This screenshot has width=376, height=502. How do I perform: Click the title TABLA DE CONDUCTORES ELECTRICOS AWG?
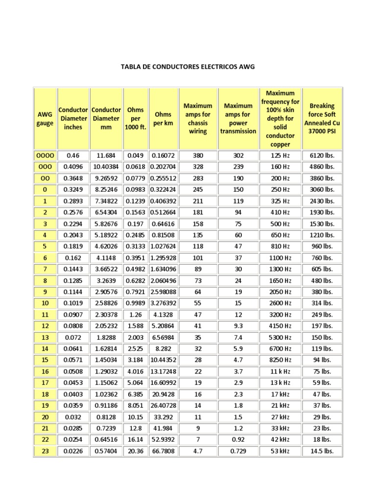188,66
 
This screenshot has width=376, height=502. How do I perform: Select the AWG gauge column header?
45,119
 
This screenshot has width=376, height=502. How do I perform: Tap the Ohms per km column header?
163,119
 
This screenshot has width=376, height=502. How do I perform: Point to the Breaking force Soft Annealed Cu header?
322,119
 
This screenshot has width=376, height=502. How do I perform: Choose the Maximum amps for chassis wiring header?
198,119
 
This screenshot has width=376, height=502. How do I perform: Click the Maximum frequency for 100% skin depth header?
280,119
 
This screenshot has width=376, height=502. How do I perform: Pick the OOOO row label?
45,155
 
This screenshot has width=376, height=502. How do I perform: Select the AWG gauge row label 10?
45,303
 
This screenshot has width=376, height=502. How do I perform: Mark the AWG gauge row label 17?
45,383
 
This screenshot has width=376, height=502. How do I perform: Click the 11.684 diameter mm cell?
106,155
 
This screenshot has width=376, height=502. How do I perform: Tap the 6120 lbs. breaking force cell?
322,155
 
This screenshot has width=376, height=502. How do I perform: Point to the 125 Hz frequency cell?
280,155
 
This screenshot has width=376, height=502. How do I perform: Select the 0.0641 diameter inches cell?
73,349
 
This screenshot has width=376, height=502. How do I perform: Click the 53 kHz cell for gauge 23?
280,451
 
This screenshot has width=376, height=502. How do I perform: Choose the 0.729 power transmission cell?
238,451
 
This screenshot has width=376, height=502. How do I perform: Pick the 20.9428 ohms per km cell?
163,394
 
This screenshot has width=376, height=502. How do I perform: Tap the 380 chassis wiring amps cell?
198,155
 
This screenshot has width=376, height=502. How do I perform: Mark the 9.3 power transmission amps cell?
238,326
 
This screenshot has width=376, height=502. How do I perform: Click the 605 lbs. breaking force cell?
322,269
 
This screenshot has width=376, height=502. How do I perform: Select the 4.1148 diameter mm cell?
106,258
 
